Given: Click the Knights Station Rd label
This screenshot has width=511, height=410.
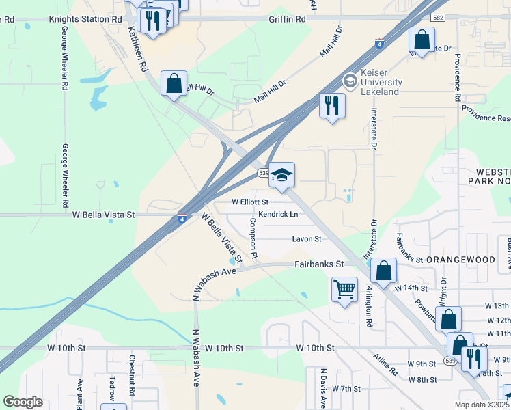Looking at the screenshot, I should (85, 19).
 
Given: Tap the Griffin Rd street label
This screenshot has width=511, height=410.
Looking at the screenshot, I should (287, 19).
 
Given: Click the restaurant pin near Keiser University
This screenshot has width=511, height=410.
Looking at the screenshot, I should (332, 107).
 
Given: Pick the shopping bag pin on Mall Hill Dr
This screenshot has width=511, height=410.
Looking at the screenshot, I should (174, 84).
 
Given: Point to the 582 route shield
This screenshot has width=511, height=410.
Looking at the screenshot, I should (438, 16).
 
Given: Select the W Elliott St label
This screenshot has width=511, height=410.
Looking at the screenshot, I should (250, 202).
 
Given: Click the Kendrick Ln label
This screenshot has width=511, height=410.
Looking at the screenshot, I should (278, 215).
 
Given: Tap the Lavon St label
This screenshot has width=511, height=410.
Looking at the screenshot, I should (307, 239).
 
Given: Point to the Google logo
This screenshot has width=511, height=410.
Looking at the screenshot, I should (23, 401).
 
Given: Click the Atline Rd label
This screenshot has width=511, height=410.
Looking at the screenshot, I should (385, 364).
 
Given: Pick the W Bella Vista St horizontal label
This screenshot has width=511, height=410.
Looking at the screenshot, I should (104, 215).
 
